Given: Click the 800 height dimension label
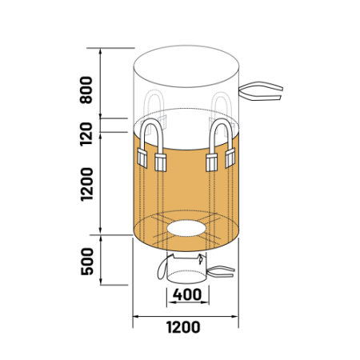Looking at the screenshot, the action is pos(86,90).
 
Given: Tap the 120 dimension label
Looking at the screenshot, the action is pos(86,134).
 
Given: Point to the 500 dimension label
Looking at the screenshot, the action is pos(87,262).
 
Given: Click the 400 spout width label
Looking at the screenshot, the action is pos(187,294).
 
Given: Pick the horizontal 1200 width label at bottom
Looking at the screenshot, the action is pos(183,327).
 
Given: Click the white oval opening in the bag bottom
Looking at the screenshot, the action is pos(186,228).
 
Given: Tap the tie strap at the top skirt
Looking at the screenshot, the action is pos(261,91).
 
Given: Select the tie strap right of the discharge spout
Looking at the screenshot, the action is pos(221,272).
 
